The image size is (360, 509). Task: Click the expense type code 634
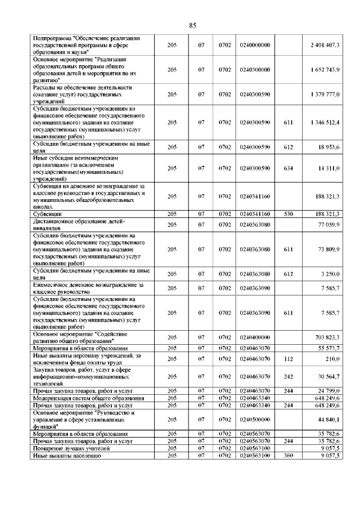pos(289,168)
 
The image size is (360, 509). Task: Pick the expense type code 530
pos(289,214)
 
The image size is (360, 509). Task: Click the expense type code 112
pos(289,358)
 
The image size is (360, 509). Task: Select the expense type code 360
pos(289,456)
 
